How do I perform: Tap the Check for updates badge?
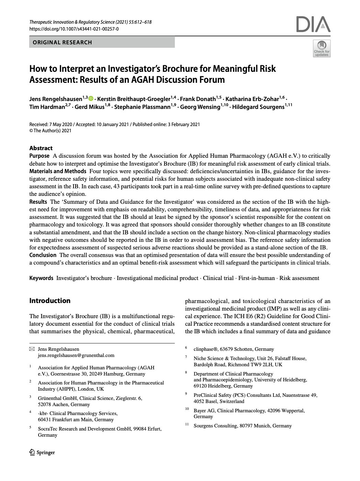point(322,48)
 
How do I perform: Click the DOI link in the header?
point(74,29)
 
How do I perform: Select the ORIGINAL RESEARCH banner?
point(102,42)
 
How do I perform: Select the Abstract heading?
point(41,148)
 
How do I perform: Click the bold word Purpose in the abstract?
point(39,156)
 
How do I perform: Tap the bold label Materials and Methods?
point(58,171)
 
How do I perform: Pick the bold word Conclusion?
point(43,255)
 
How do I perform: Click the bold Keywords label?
point(41,278)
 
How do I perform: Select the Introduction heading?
point(50,301)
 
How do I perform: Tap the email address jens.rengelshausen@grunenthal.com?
point(76,355)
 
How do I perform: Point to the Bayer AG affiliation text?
point(249,411)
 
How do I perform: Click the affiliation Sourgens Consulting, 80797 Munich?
point(243,426)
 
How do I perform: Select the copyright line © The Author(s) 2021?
point(50,131)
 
